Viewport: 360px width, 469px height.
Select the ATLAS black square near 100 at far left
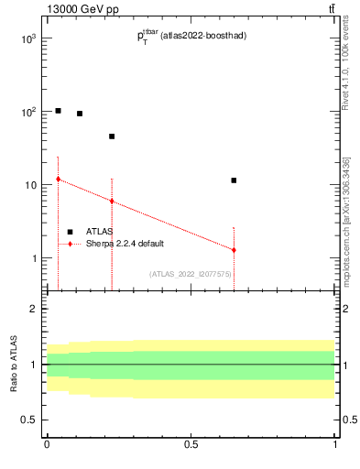(x=58, y=111)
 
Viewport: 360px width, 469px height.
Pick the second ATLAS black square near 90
(x=80, y=114)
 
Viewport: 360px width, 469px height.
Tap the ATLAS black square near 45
(x=112, y=136)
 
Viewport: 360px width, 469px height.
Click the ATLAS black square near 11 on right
(x=234, y=180)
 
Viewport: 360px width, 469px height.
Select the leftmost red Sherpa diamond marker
(x=58, y=180)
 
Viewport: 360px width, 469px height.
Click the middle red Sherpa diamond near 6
(x=112, y=202)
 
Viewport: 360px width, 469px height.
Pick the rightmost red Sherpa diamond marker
(x=234, y=250)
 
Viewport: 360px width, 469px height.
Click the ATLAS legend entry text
(x=100, y=232)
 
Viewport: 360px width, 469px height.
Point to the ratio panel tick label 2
(x=33, y=310)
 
